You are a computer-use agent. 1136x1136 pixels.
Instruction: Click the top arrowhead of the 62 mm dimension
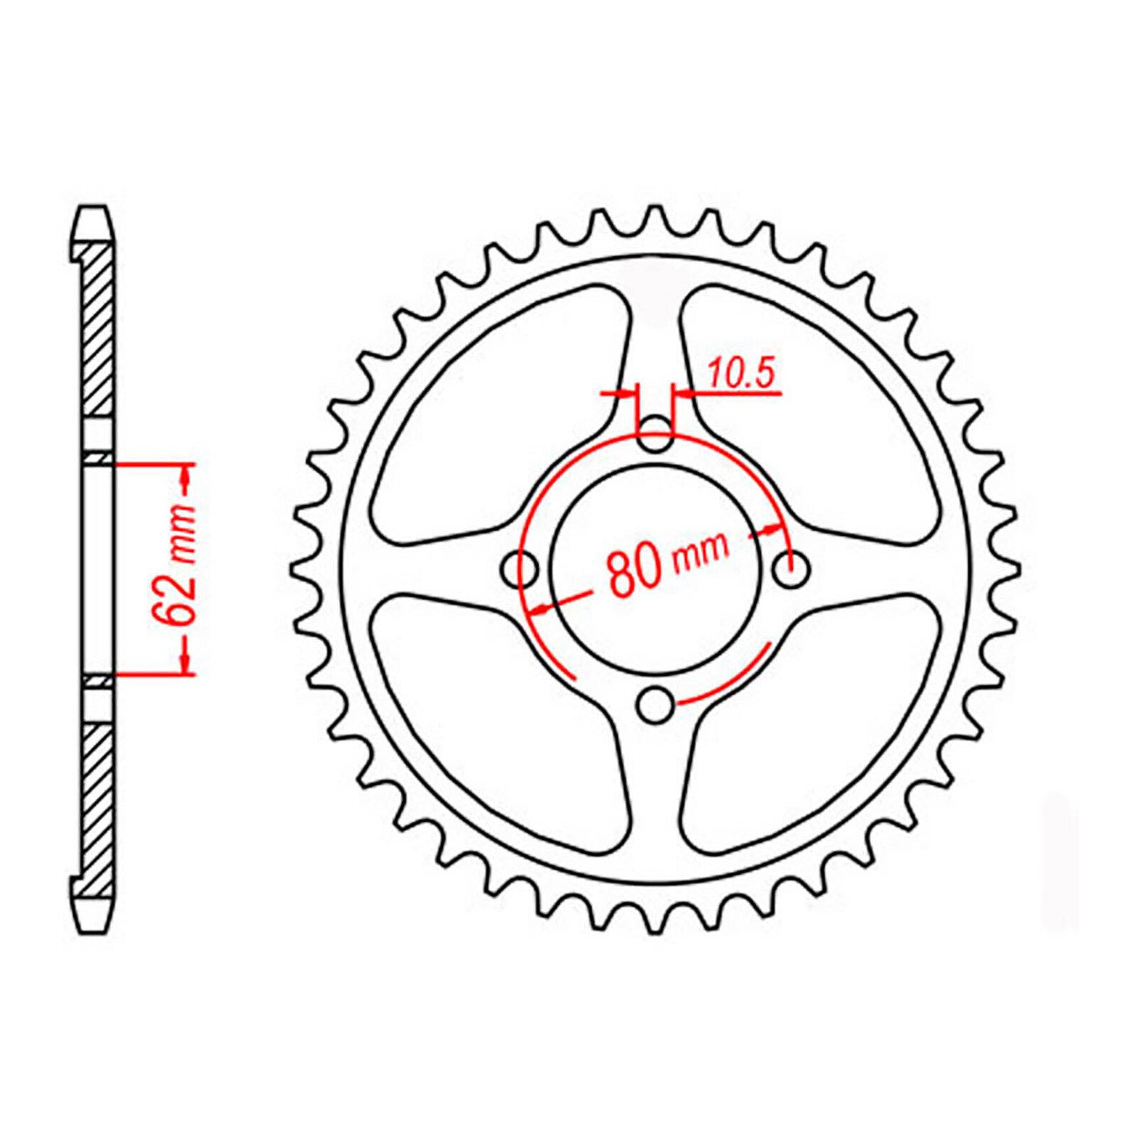coord(186,479)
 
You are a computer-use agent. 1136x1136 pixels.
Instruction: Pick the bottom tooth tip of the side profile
coord(93,924)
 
